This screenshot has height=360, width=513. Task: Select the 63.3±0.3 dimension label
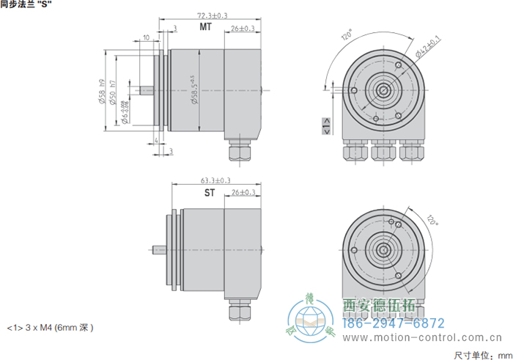(x=215, y=180)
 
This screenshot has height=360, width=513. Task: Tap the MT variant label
(x=206, y=28)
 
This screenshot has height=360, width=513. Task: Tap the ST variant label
(x=209, y=194)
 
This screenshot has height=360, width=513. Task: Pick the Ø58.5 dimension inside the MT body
(x=194, y=90)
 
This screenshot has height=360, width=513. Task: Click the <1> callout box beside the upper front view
(x=325, y=130)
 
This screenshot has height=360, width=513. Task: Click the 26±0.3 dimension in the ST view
(x=243, y=193)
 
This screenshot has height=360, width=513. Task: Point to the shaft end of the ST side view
(x=157, y=247)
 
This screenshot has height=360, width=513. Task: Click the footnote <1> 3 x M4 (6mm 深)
(x=50, y=327)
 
